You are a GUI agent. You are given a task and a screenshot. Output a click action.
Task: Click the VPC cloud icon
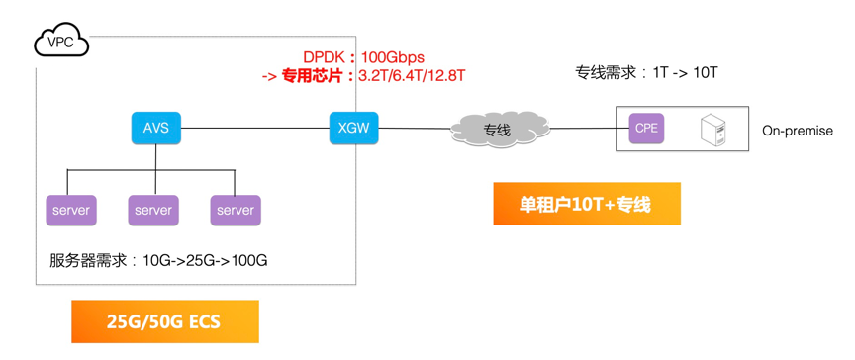[x=60, y=42]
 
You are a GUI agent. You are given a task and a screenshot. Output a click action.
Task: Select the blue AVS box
[x=155, y=128]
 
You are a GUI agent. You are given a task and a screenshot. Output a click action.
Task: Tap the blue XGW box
[x=352, y=128]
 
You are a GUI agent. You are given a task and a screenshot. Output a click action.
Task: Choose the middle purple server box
[x=153, y=210]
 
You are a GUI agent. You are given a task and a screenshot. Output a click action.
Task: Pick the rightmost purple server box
[x=236, y=210]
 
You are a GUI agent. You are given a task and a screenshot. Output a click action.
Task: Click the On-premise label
[x=798, y=131]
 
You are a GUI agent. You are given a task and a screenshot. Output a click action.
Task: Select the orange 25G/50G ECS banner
[x=164, y=322]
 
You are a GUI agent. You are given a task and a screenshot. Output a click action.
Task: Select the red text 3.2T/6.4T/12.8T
[x=412, y=74]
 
